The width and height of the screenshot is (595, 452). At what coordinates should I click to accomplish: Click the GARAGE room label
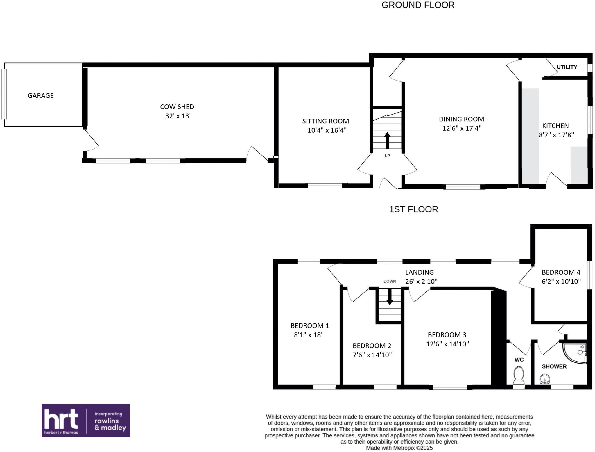pyautogui.click(x=41, y=95)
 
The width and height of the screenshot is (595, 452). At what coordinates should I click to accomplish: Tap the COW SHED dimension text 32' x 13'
pyautogui.click(x=178, y=116)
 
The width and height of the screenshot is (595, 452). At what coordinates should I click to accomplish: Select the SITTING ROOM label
pyautogui.click(x=325, y=121)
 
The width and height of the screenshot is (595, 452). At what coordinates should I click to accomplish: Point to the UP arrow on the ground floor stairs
pyautogui.click(x=387, y=140)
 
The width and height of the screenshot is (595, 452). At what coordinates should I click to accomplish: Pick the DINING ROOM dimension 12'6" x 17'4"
pyautogui.click(x=462, y=128)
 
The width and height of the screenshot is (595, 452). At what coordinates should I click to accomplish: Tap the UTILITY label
pyautogui.click(x=567, y=67)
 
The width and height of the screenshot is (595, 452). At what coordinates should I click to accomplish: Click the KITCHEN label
pyautogui.click(x=555, y=126)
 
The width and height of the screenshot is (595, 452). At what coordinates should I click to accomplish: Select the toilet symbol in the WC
pyautogui.click(x=519, y=375)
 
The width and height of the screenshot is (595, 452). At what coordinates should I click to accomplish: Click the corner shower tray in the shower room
pyautogui.click(x=574, y=353)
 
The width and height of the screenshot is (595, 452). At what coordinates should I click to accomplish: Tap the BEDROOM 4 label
pyautogui.click(x=561, y=272)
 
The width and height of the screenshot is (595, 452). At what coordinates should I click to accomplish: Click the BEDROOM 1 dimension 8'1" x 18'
pyautogui.click(x=308, y=335)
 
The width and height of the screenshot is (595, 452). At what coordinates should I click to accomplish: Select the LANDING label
pyautogui.click(x=419, y=272)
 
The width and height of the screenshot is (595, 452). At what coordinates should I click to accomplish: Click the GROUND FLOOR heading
pyautogui.click(x=417, y=5)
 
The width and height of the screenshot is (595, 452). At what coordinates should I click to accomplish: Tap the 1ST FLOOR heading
pyautogui.click(x=413, y=209)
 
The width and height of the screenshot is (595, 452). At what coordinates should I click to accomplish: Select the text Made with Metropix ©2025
pyautogui.click(x=399, y=448)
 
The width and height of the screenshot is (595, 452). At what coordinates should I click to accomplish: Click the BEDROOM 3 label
pyautogui.click(x=447, y=335)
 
